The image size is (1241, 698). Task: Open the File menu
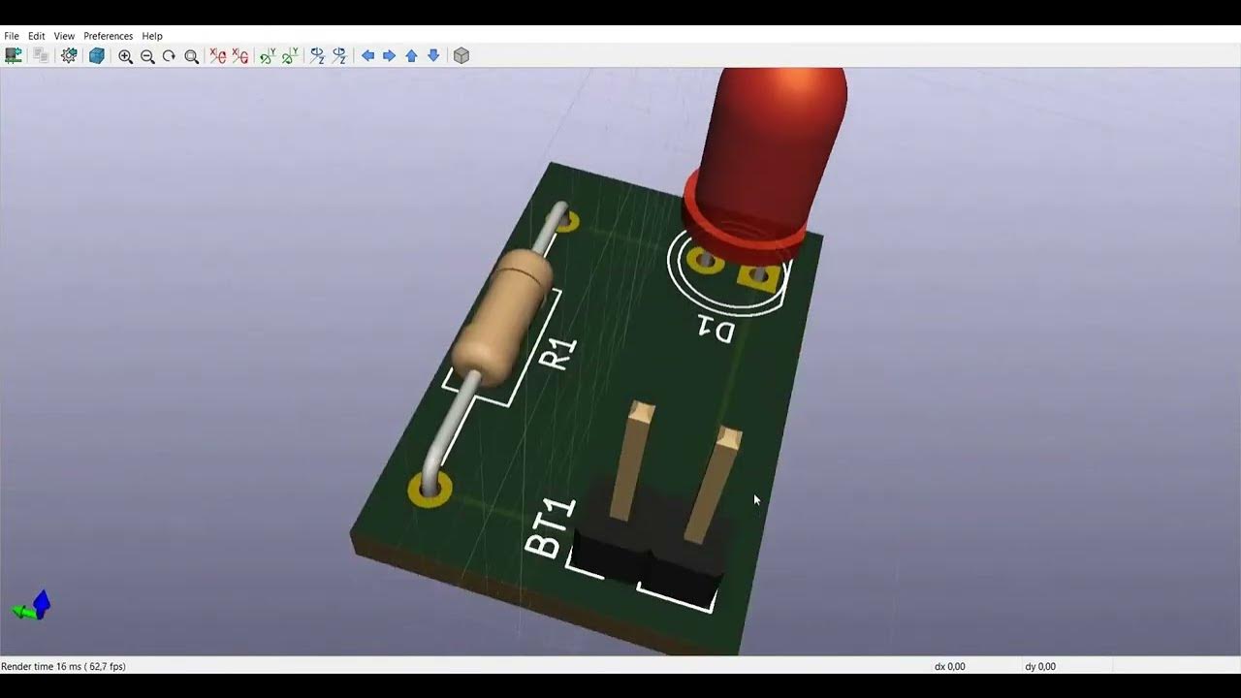click(12, 36)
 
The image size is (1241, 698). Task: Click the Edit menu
click(37, 36)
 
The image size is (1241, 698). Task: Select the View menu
click(64, 36)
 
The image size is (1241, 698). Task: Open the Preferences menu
click(108, 36)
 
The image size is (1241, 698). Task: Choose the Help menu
click(152, 36)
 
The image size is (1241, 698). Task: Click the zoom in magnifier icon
click(125, 56)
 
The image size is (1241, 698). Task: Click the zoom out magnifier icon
click(147, 56)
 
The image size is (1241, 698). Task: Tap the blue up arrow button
click(411, 56)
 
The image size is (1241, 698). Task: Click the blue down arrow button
click(433, 56)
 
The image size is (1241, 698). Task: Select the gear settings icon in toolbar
click(69, 56)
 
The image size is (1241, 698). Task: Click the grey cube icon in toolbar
click(461, 56)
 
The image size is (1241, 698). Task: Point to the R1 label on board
click(557, 354)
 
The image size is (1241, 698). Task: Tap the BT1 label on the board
click(550, 529)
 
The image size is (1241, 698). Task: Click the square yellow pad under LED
click(758, 278)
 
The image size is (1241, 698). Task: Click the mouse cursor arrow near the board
click(756, 499)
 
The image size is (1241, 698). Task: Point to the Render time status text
click(63, 666)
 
